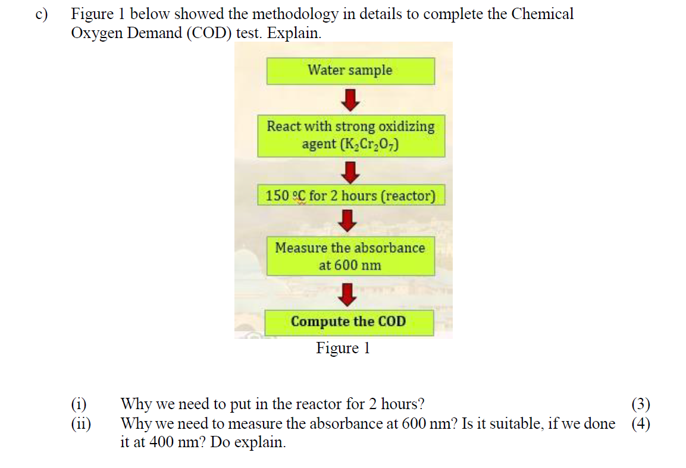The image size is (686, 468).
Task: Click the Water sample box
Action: pos(350,71)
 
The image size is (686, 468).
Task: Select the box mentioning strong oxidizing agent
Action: pos(350,135)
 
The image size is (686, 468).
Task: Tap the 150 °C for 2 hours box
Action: pos(350,196)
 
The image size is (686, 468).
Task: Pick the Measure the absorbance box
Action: pos(350,256)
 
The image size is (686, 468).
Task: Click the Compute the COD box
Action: pos(349,322)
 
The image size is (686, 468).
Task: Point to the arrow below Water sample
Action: pos(351,100)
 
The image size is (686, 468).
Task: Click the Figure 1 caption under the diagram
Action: pos(343,348)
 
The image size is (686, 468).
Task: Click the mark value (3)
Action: pos(640,404)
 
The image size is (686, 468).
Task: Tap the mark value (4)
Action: pos(640,424)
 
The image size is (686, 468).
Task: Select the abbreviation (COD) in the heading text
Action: pos(207,33)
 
